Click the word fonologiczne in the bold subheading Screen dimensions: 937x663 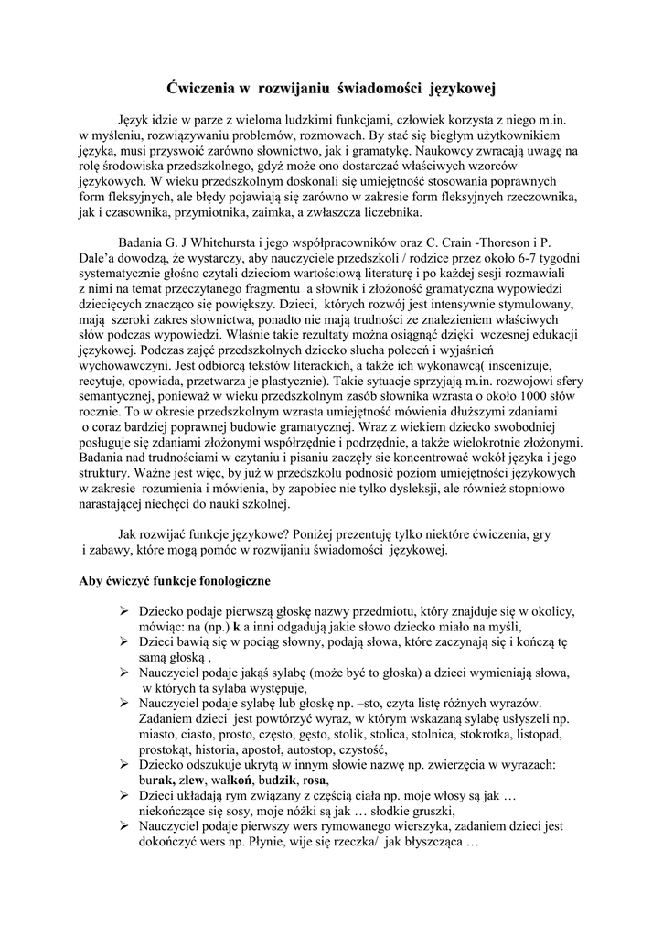(227, 580)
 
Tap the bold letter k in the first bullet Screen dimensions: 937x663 (236, 627)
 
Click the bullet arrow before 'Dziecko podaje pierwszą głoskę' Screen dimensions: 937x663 (124, 610)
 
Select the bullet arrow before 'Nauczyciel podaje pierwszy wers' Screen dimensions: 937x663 (124, 826)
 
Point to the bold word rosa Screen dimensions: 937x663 (314, 780)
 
